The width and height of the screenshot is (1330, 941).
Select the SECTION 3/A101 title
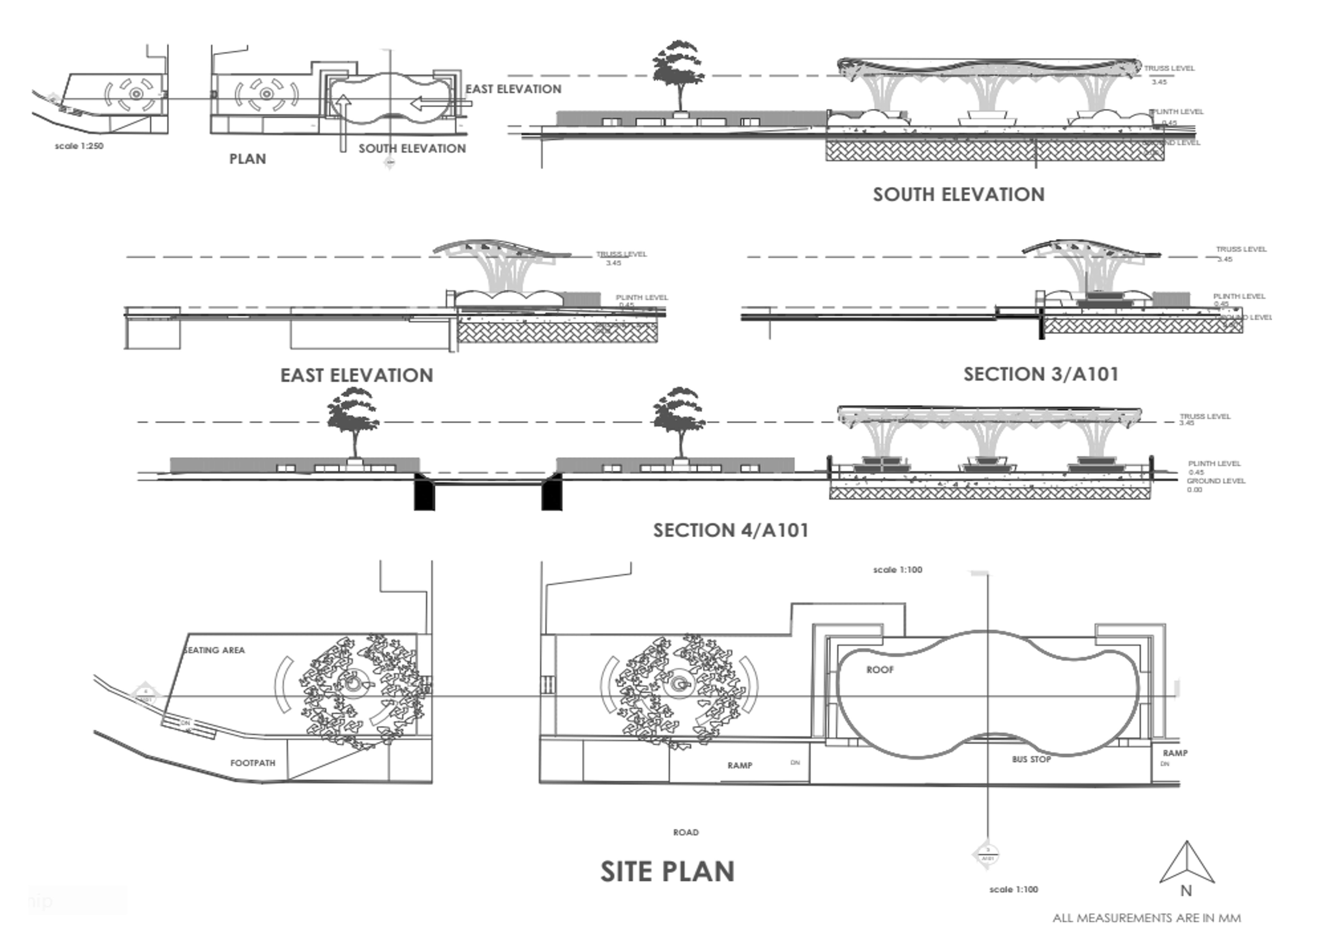point(1041,374)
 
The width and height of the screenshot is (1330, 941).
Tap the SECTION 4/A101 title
point(730,530)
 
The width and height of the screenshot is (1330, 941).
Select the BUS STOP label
point(1031,759)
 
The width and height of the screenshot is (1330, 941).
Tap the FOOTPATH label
point(253,763)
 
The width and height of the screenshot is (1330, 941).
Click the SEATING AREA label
point(214,650)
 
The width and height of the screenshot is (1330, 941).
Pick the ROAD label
point(686,833)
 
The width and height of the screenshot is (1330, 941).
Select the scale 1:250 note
point(79,146)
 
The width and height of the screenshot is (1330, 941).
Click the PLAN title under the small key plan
point(247,159)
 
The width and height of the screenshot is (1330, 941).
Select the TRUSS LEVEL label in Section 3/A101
point(1241,249)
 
